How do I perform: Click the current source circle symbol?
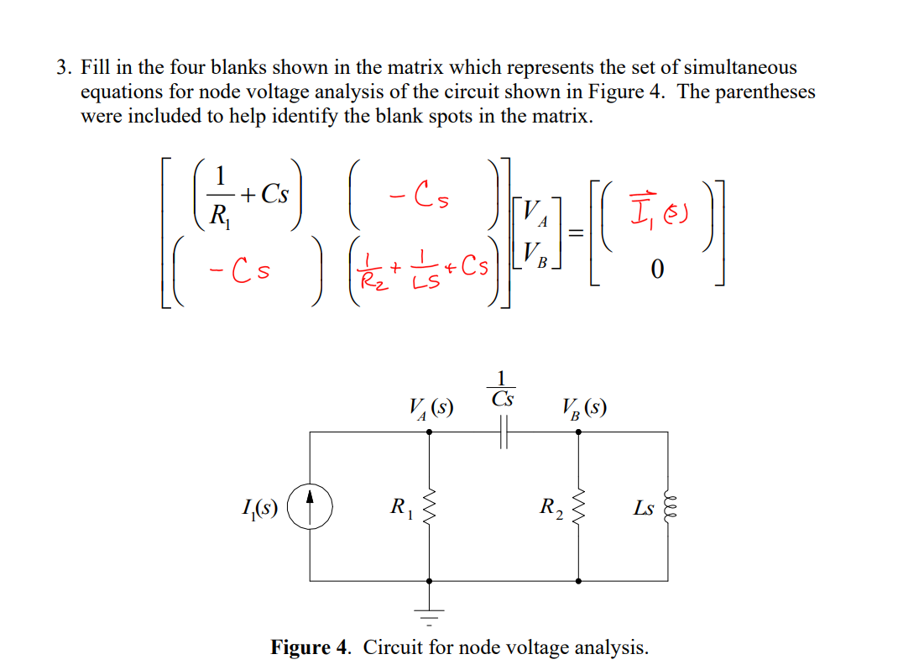[x=311, y=508]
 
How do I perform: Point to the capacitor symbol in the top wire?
[x=502, y=432]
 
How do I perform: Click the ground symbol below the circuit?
[x=430, y=617]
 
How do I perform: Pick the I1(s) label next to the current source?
[x=259, y=507]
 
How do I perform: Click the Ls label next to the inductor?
[x=644, y=508]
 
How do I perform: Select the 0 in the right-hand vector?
[x=657, y=270]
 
